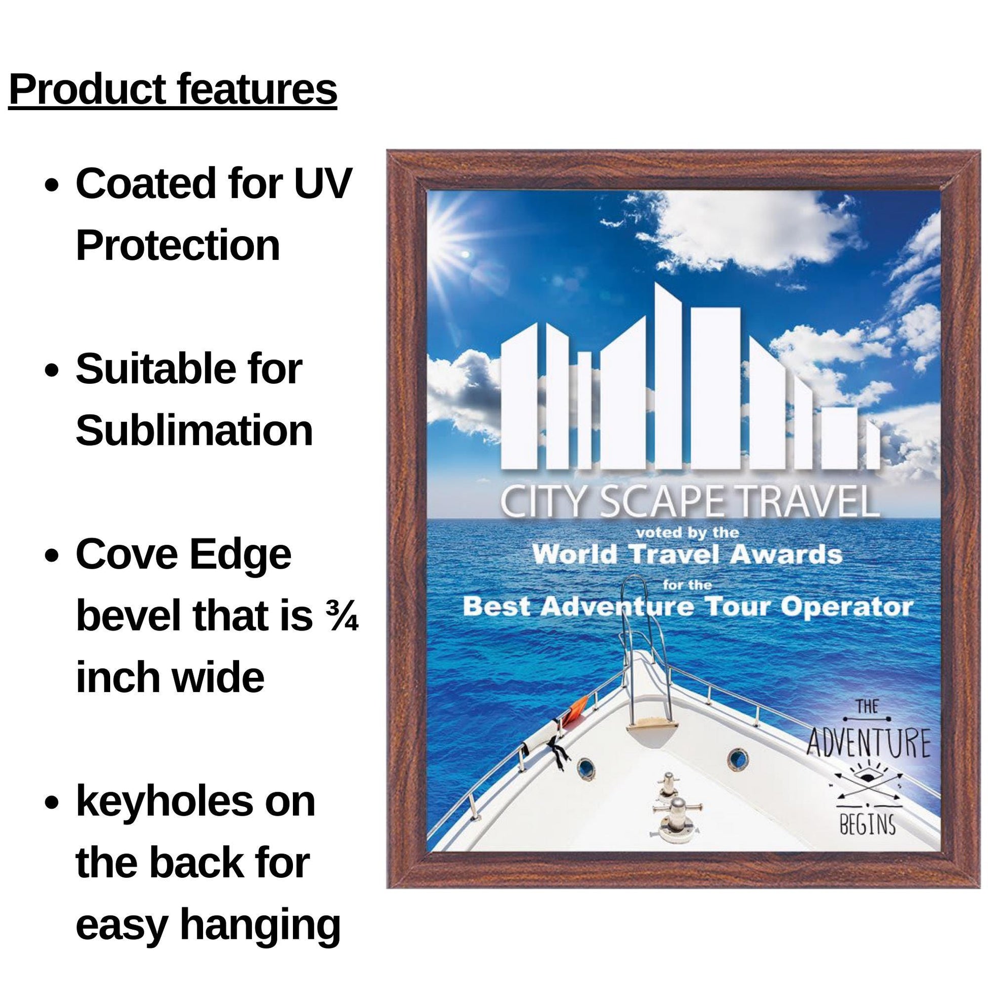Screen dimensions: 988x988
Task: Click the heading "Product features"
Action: (173, 90)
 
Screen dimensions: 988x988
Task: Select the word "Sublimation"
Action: (194, 431)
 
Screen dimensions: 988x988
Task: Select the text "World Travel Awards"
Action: (687, 554)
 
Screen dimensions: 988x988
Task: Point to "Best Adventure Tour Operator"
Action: (687, 607)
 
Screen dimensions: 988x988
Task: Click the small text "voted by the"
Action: (687, 533)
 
